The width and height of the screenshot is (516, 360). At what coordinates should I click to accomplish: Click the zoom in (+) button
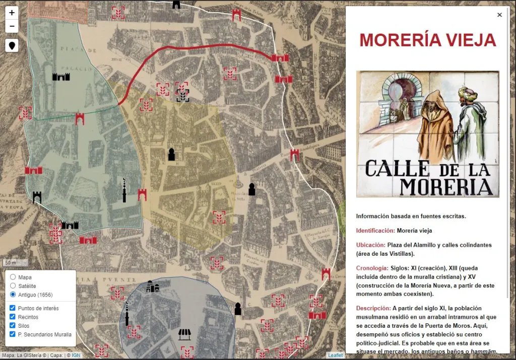(12, 13)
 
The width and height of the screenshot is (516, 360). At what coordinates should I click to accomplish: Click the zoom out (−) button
(12, 26)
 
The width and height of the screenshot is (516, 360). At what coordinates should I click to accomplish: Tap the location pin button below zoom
(12, 45)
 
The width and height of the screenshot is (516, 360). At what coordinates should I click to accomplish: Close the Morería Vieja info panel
(499, 15)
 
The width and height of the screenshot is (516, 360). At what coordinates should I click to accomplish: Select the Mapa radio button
(13, 277)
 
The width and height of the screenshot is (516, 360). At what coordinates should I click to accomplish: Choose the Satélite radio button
(13, 286)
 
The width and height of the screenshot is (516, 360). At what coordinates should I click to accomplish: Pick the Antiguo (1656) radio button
(13, 295)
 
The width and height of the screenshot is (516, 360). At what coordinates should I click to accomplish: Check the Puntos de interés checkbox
(13, 308)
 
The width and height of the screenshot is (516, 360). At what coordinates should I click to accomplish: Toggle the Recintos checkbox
(13, 317)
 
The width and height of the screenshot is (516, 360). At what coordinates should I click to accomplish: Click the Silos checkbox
(13, 326)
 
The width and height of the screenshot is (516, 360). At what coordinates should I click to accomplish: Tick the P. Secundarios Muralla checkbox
(13, 334)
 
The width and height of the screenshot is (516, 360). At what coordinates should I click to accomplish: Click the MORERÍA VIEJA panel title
(427, 40)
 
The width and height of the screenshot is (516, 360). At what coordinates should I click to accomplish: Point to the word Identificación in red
(375, 231)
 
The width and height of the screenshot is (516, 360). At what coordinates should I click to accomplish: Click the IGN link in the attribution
(76, 355)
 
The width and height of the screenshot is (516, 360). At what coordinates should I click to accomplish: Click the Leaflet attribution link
(336, 355)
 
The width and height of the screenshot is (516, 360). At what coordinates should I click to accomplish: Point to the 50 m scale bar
(11, 263)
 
